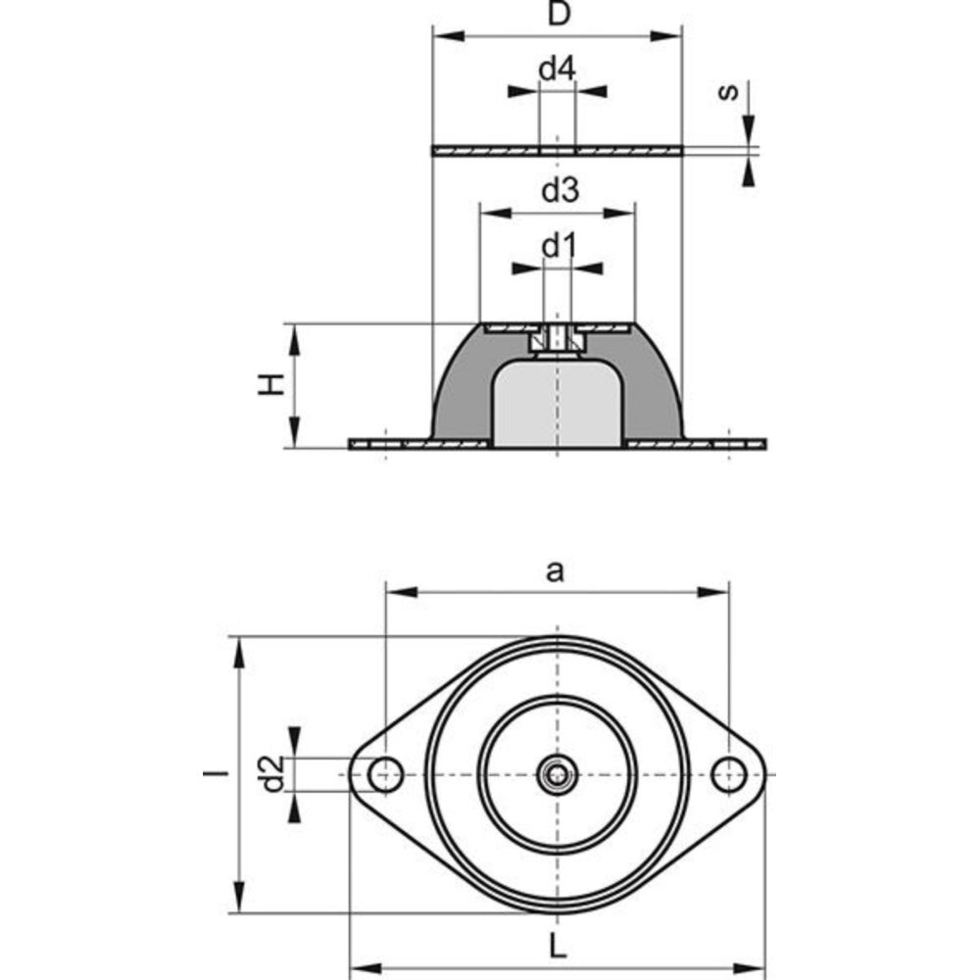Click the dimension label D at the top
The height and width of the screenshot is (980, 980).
click(559, 14)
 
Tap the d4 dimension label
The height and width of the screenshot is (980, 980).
click(557, 69)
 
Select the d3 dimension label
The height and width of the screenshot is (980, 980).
click(560, 190)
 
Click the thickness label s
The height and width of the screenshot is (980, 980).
click(727, 92)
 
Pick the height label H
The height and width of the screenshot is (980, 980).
click(271, 384)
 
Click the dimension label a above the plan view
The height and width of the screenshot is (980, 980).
click(555, 570)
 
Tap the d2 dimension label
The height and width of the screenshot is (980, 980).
click(273, 774)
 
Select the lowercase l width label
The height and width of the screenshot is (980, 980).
click(217, 774)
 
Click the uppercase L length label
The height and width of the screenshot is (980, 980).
click(558, 947)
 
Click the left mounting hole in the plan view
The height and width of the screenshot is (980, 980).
click(385, 774)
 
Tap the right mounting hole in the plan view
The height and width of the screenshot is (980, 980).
click(729, 774)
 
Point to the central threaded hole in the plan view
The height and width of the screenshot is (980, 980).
click(558, 775)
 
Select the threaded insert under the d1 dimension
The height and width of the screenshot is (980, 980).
click(557, 341)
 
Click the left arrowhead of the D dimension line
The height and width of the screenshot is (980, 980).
click(449, 35)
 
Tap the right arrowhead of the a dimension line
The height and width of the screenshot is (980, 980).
click(713, 592)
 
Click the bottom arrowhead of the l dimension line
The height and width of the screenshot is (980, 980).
click(239, 898)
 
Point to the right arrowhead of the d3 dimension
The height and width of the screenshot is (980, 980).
click(618, 214)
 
